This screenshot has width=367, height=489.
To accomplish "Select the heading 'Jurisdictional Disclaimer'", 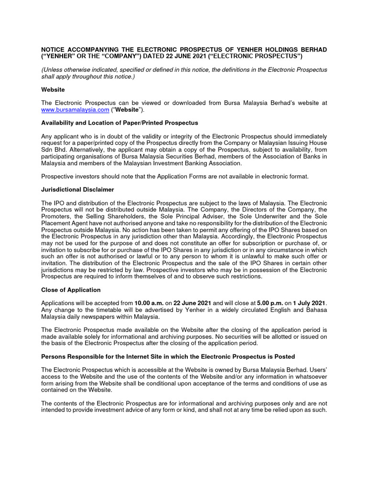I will [77, 190].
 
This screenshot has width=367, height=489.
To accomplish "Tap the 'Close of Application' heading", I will [71, 290].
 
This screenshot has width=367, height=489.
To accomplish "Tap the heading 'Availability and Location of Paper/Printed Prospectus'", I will [119, 123].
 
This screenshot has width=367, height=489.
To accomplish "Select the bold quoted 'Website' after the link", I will [125, 110].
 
